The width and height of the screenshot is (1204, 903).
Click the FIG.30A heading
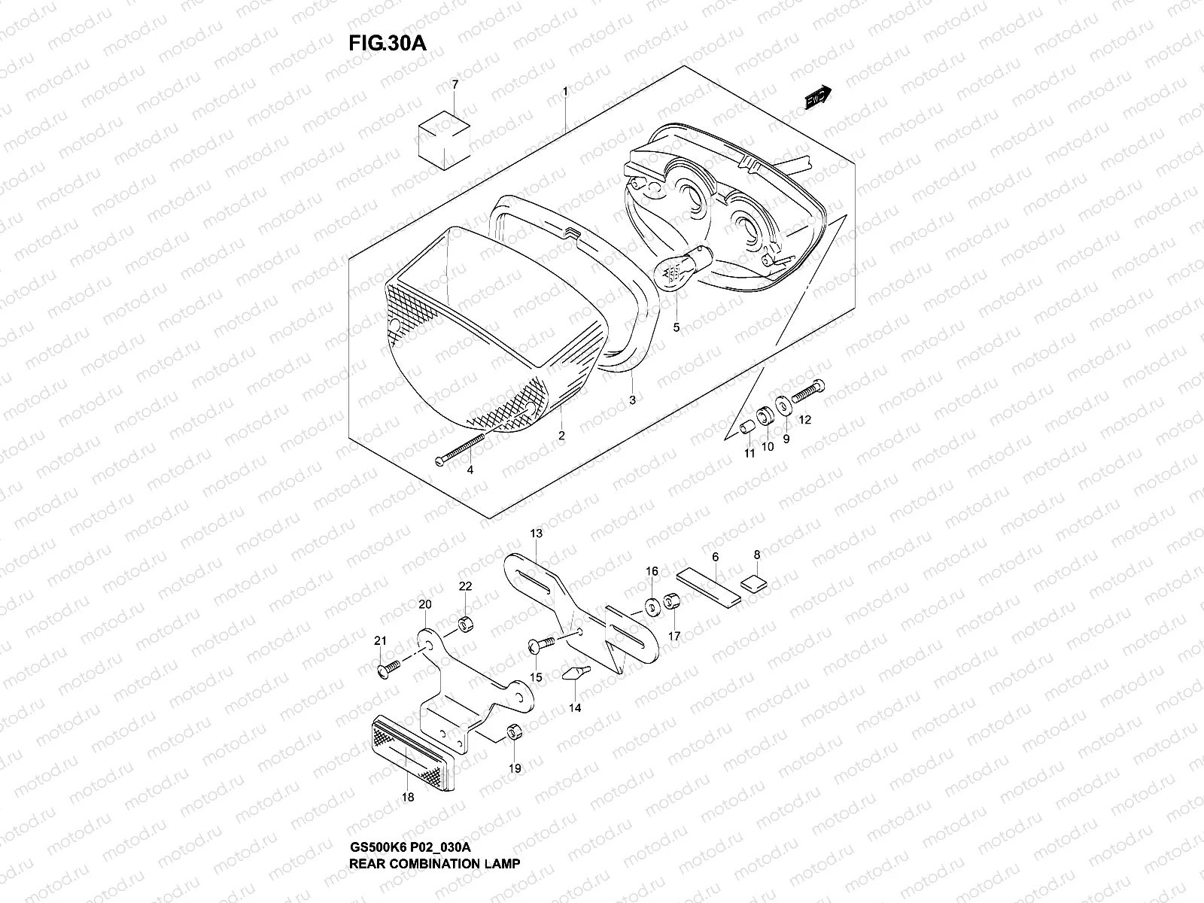click(x=387, y=43)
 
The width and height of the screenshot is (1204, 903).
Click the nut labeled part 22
click(x=465, y=625)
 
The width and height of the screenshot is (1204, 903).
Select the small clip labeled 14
click(x=575, y=672)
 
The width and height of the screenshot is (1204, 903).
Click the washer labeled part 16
click(x=651, y=605)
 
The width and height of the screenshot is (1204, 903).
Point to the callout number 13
click(x=535, y=533)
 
